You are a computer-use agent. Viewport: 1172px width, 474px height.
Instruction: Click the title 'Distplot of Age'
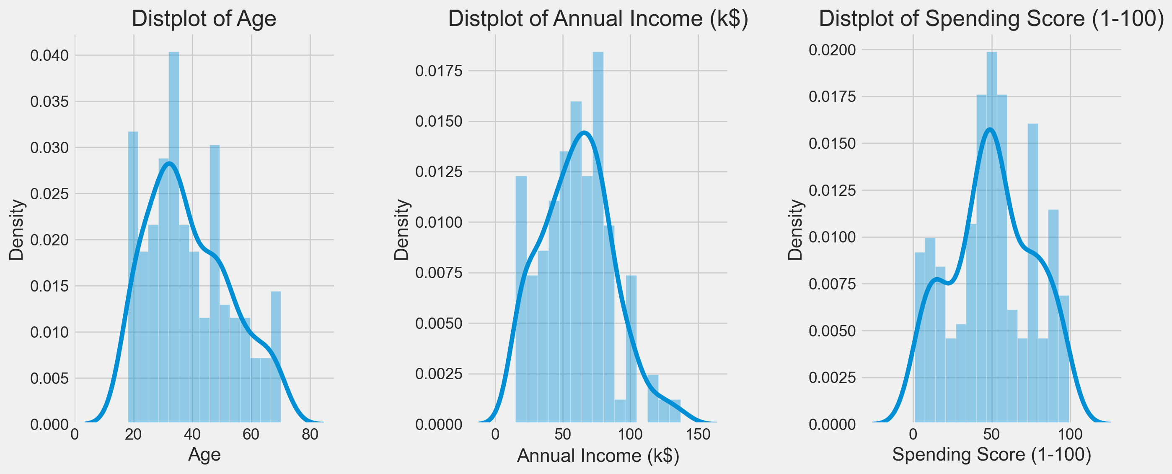[x=204, y=19]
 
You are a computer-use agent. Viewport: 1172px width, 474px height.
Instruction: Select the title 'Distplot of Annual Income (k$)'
[x=598, y=19]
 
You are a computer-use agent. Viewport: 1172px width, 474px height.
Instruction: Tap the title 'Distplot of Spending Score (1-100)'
[x=991, y=19]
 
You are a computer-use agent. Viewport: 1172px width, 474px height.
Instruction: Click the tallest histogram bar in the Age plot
[x=174, y=237]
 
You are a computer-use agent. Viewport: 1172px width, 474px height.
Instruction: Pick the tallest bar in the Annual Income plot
[x=598, y=237]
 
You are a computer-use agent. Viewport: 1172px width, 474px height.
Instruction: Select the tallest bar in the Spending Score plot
[x=992, y=237]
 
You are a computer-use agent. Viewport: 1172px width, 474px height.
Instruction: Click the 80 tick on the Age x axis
[x=310, y=435]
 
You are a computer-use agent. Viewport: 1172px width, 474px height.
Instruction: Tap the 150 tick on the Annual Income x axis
[x=698, y=435]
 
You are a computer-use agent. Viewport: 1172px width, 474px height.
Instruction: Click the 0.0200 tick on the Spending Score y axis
[x=832, y=49]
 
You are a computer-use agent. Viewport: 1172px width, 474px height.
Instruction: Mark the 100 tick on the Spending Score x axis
[x=1070, y=435]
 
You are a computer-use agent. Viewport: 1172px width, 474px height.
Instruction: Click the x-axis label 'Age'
[x=204, y=455]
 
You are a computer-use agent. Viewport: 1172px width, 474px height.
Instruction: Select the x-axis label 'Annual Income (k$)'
[x=598, y=456]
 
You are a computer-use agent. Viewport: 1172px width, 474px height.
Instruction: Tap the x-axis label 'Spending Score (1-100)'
[x=992, y=455]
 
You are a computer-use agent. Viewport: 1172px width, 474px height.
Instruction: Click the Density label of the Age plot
[x=17, y=230]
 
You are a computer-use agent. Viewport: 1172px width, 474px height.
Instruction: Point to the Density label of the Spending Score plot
[x=795, y=230]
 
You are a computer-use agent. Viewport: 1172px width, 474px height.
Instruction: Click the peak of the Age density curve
[x=169, y=164]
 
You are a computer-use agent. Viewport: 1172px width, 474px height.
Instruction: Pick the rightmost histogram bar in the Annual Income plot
[x=675, y=411]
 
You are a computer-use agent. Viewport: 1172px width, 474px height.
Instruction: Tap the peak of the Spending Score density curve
[x=990, y=129]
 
